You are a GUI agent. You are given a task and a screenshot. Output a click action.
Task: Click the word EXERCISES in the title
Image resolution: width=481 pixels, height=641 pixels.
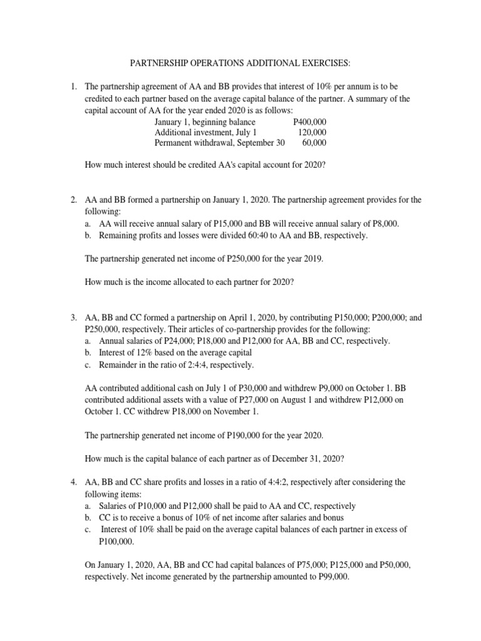point(321,64)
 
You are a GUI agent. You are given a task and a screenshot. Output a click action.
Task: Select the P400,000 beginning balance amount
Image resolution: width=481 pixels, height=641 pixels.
point(309,121)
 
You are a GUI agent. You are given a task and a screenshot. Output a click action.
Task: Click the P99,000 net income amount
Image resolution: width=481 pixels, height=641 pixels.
point(329,577)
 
